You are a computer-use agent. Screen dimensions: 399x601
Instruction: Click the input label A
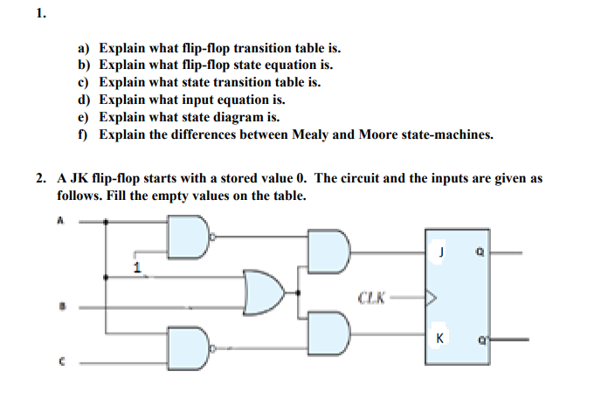click(61, 221)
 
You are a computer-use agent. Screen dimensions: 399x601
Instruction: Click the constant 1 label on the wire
click(135, 265)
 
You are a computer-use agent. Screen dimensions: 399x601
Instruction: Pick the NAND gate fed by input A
click(189, 236)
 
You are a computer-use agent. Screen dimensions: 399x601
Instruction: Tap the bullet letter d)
click(85, 100)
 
